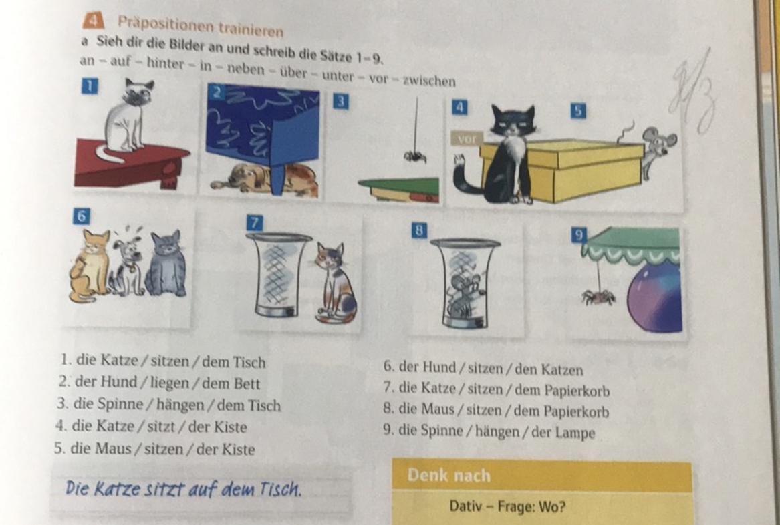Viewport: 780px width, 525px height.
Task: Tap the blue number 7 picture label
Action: [x=254, y=222]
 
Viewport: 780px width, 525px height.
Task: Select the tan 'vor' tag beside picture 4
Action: [x=467, y=139]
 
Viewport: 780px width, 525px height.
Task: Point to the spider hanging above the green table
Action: [x=415, y=156]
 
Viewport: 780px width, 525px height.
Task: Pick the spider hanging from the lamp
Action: [x=599, y=297]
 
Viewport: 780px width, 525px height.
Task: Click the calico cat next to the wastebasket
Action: [x=335, y=283]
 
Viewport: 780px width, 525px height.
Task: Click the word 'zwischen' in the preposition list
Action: [x=429, y=81]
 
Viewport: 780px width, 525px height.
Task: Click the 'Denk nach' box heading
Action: [x=448, y=476]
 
